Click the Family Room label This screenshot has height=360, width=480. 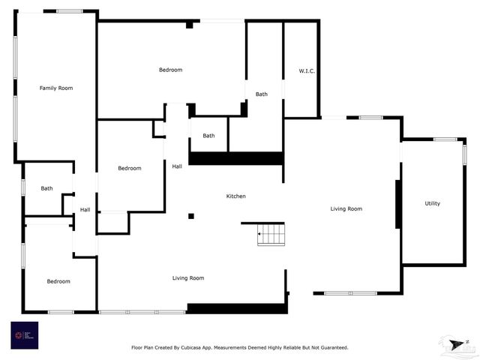(56, 88)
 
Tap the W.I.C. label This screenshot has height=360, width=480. (306, 71)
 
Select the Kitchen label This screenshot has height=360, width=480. (236, 196)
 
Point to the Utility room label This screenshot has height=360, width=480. (432, 203)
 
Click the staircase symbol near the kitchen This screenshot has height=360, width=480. (271, 235)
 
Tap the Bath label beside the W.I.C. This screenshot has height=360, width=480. (261, 94)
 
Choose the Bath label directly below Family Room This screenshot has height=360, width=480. (46, 188)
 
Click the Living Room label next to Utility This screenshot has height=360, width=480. (346, 208)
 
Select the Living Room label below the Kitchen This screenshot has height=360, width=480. (188, 278)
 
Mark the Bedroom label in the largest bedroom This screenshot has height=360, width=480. (170, 70)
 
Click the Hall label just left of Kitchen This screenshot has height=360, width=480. (176, 166)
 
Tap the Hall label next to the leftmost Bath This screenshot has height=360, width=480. (85, 210)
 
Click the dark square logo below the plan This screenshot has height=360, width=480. (24, 334)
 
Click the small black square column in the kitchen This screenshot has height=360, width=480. (191, 216)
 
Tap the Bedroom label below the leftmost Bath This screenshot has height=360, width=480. (58, 281)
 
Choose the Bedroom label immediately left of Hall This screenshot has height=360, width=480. (129, 168)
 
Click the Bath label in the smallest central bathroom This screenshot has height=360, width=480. (208, 136)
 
